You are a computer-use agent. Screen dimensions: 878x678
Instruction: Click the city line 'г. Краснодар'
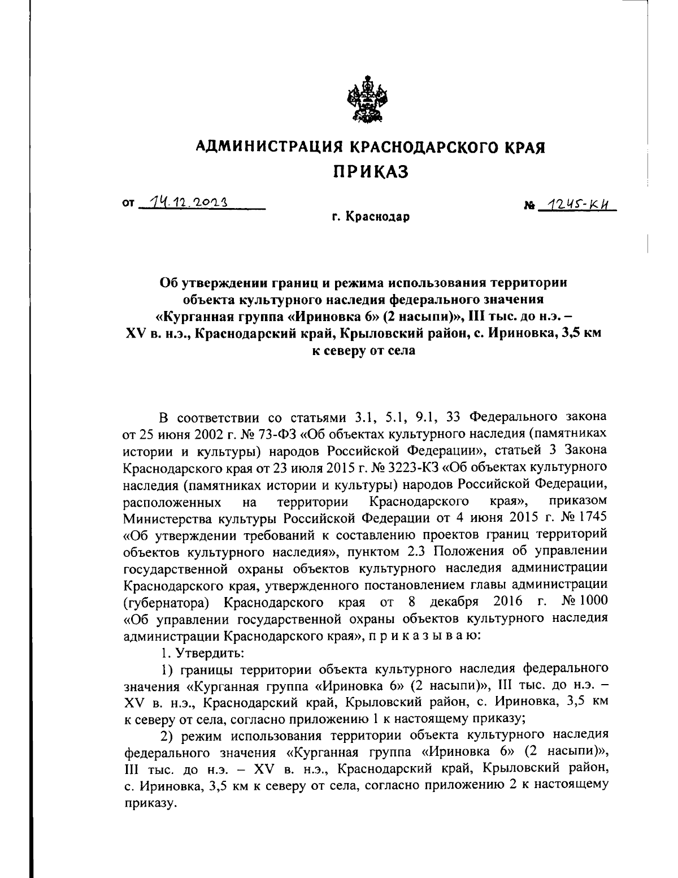(x=370, y=217)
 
